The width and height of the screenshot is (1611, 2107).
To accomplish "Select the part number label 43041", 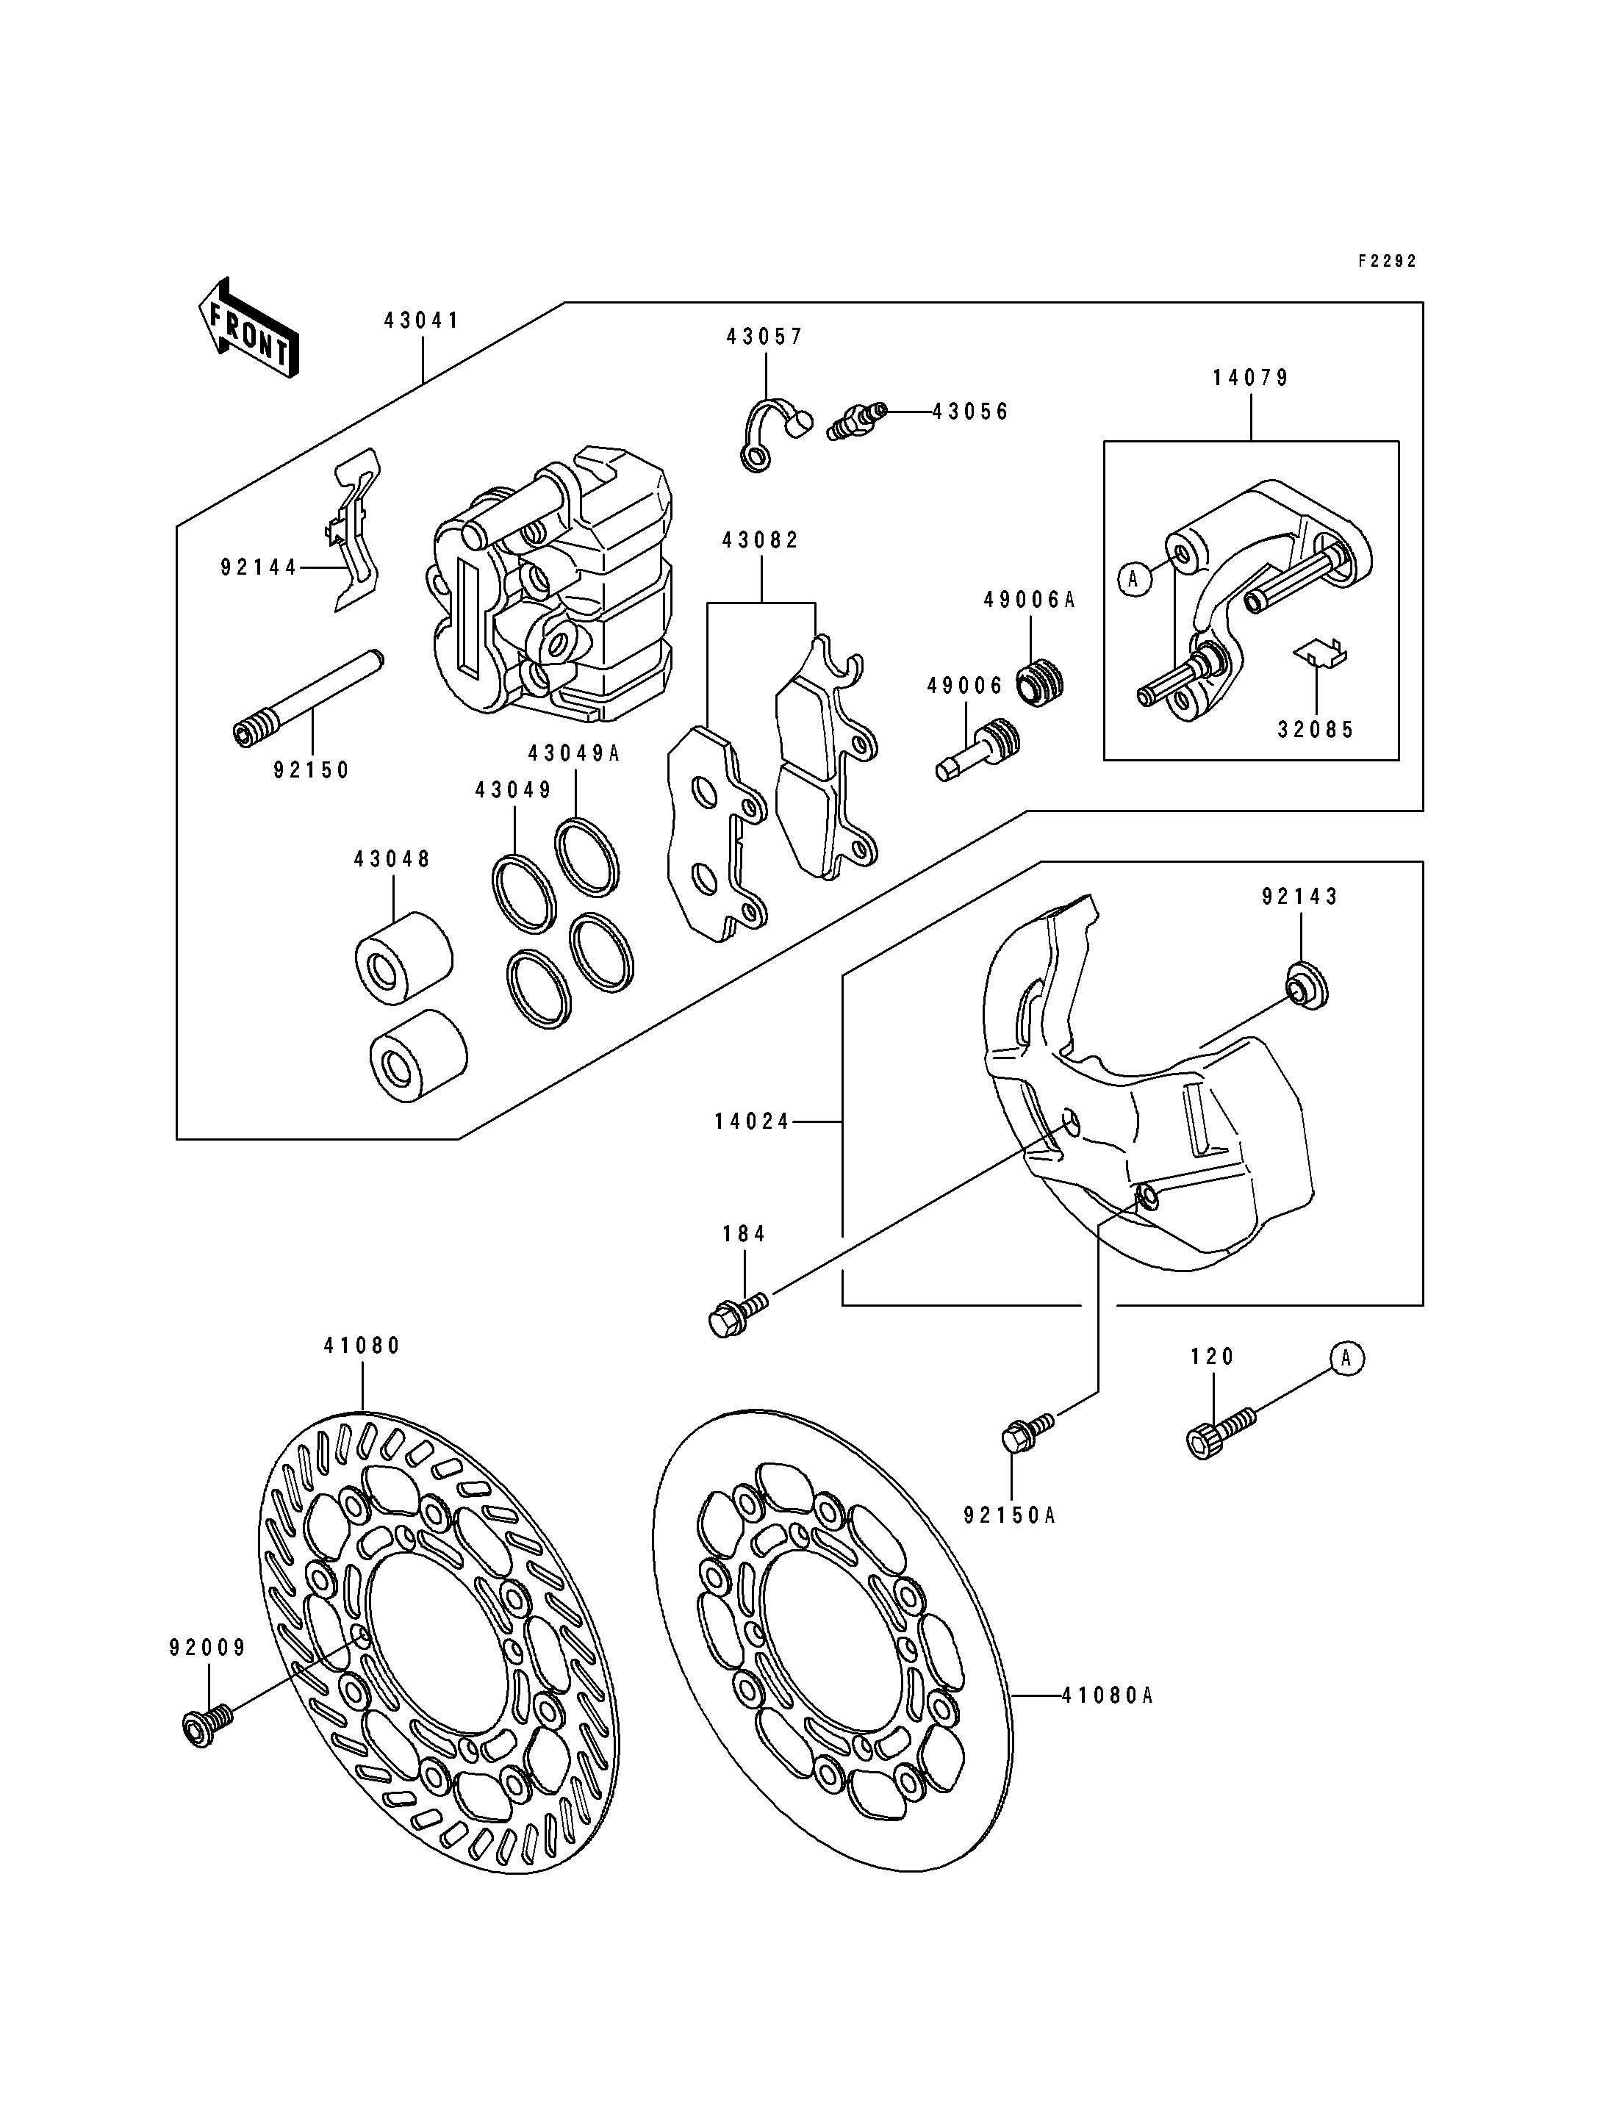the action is (422, 320).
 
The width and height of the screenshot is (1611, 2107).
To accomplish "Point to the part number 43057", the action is (764, 337).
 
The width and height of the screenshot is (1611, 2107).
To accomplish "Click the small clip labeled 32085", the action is (1321, 651).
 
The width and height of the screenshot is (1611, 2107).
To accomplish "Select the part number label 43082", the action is (761, 540).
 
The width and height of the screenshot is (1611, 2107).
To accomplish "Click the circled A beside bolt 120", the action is (1346, 1358).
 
